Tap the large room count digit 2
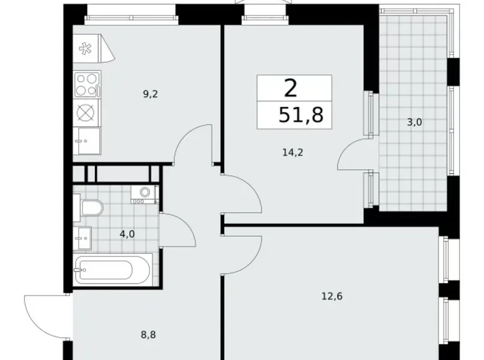coord(290,89)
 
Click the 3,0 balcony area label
coord(414,122)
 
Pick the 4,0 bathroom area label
coord(127,234)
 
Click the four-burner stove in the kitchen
coord(87,84)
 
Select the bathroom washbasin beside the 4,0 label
coord(83,236)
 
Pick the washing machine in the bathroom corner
coord(145,195)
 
